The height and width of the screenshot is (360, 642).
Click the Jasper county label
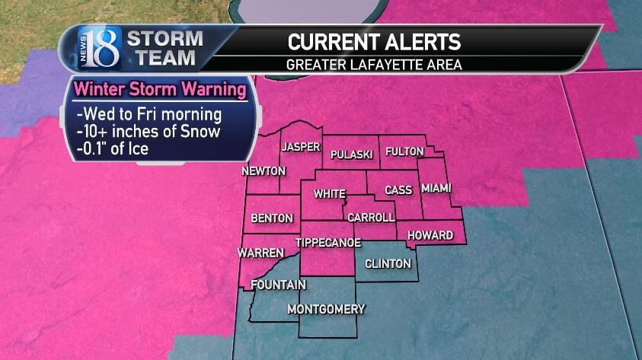click(299, 147)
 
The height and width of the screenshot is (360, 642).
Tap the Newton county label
click(264, 171)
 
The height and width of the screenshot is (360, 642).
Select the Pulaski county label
click(351, 155)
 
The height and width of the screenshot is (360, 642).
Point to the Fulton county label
click(404, 151)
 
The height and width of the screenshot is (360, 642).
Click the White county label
click(329, 195)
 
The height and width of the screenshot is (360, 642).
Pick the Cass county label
click(398, 190)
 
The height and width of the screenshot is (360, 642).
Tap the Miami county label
click(436, 187)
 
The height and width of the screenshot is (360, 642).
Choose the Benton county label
click(272, 218)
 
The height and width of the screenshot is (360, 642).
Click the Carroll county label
click(371, 218)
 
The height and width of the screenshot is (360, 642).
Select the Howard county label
click(430, 235)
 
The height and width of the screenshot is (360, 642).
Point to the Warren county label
click(260, 252)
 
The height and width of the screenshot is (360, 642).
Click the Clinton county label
click(388, 264)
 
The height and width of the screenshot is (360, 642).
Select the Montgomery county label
click(326, 309)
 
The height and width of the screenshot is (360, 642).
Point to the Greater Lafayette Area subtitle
click(374, 64)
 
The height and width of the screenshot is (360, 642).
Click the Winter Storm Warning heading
click(160, 91)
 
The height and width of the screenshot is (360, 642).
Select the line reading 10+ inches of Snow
click(149, 132)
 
